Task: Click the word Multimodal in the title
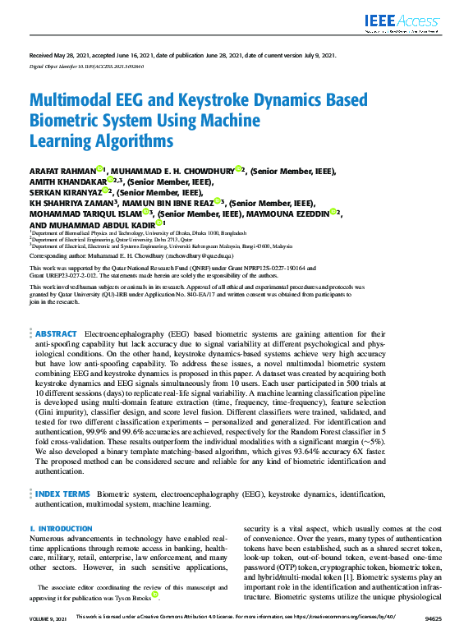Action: (x=71, y=102)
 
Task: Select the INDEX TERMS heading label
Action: (x=62, y=494)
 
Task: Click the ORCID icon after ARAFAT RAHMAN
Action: (x=99, y=168)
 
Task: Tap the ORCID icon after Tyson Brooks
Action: (x=155, y=594)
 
